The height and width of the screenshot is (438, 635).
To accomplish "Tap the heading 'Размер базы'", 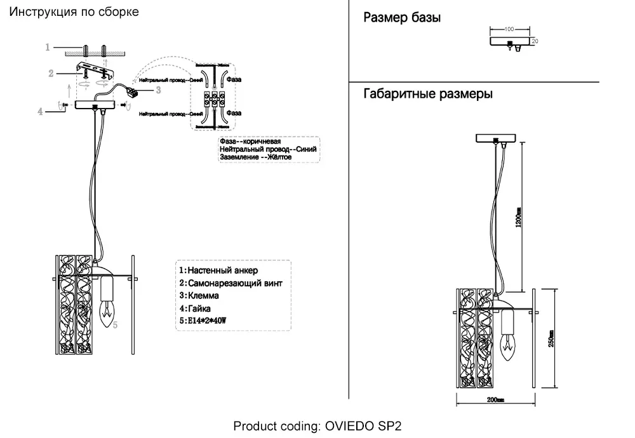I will pyautogui.click(x=401, y=18).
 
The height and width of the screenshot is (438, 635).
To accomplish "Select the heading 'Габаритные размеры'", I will pyautogui.click(x=427, y=95).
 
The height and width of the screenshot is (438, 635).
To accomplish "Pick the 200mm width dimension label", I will pyautogui.click(x=495, y=400).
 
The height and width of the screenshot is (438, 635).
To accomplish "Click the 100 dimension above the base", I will pyautogui.click(x=509, y=29).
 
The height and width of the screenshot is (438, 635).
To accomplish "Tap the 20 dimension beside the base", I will pyautogui.click(x=535, y=41).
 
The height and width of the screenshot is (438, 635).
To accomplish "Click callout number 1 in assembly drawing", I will pyautogui.click(x=48, y=47).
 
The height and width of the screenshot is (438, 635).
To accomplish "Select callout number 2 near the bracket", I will pyautogui.click(x=51, y=74).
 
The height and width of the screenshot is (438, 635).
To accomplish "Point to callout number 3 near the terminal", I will pyautogui.click(x=157, y=90).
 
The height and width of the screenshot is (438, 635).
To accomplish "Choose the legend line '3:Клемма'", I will pyautogui.click(x=199, y=296).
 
